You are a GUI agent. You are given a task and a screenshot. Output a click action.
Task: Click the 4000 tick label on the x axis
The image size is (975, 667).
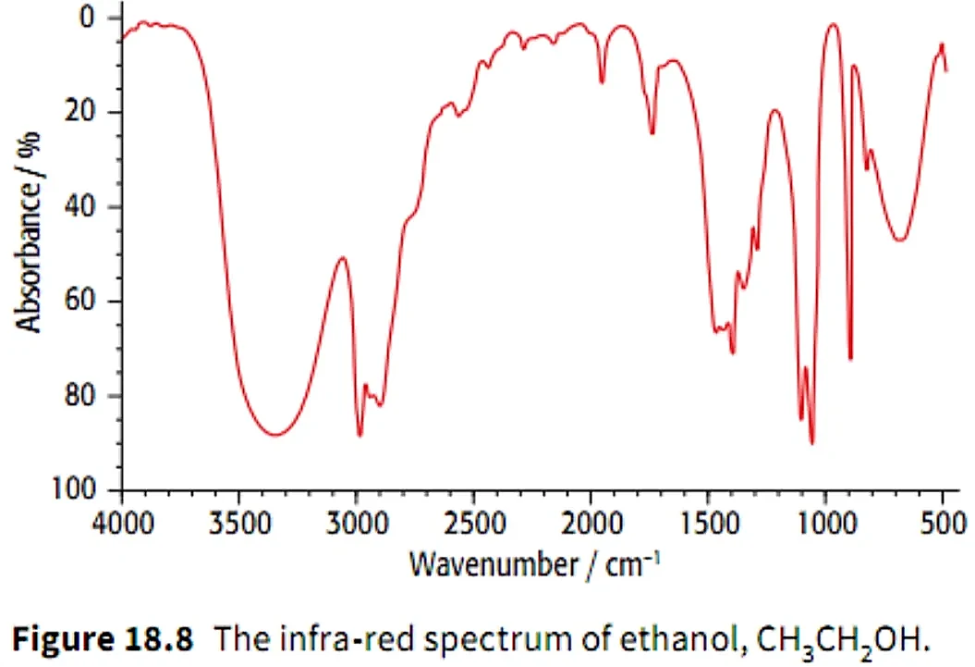pos(123,524)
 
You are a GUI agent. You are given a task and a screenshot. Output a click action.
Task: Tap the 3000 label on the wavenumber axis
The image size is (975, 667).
pos(358,524)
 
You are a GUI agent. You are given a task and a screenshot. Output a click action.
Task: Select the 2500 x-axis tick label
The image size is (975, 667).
pos(474,524)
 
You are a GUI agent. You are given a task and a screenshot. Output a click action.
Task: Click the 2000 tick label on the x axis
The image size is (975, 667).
pos(591,524)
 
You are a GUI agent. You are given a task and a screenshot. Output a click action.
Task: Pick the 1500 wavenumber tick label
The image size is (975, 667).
pos(708,524)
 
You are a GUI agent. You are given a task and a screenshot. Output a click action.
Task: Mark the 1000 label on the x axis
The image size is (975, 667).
pos(826,524)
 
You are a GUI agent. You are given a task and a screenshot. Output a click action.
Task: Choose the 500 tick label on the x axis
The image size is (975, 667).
pos(944,524)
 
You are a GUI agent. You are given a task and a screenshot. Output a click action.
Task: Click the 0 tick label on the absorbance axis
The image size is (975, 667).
pos(87,17)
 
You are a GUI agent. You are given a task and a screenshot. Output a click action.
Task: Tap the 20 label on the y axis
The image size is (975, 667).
pos(79,111)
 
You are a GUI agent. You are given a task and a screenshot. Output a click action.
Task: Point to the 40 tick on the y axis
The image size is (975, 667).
pos(79,206)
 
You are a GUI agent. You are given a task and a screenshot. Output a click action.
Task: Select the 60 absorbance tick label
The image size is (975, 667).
pos(79,301)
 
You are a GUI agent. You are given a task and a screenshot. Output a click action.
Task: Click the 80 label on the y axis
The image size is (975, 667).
pos(79,395)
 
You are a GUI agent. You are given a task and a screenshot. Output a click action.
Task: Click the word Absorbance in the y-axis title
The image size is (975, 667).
pos(29,252)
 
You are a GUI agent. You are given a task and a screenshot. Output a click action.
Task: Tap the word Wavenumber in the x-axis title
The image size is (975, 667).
pos(494,565)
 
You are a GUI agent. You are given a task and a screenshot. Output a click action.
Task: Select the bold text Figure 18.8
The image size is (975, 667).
pos(103,639)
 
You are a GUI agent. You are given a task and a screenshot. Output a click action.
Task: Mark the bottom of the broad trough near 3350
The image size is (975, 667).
pos(275,434)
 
